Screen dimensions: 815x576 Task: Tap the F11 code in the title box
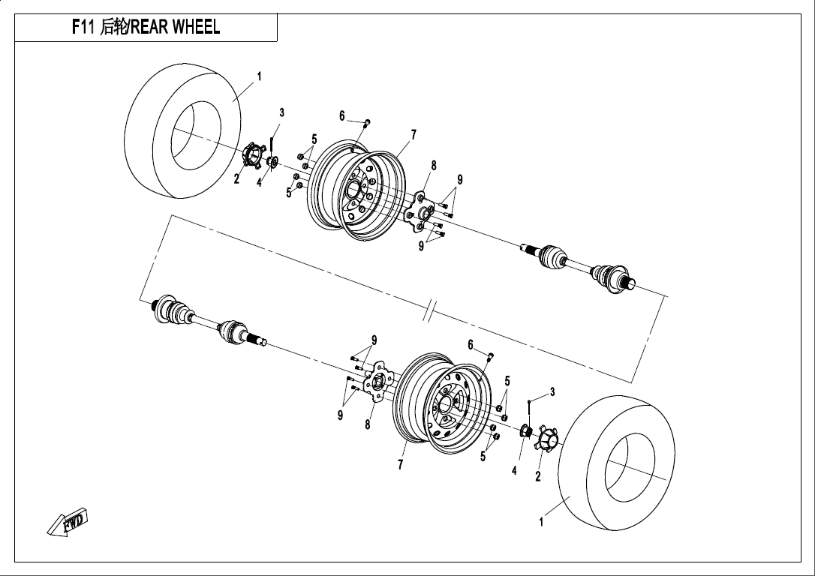point(83,27)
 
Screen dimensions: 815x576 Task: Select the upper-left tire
point(183,131)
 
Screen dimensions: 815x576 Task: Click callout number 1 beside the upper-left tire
point(259,76)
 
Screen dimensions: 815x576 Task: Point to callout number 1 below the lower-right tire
point(541,521)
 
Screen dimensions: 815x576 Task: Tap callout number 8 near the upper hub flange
point(434,166)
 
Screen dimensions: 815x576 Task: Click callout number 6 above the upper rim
point(342,115)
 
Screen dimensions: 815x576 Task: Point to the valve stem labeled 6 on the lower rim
point(490,355)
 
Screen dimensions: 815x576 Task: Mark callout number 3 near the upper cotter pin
point(281,112)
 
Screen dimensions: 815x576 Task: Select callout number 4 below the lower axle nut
point(514,470)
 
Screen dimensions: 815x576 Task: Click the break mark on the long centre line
point(431,310)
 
